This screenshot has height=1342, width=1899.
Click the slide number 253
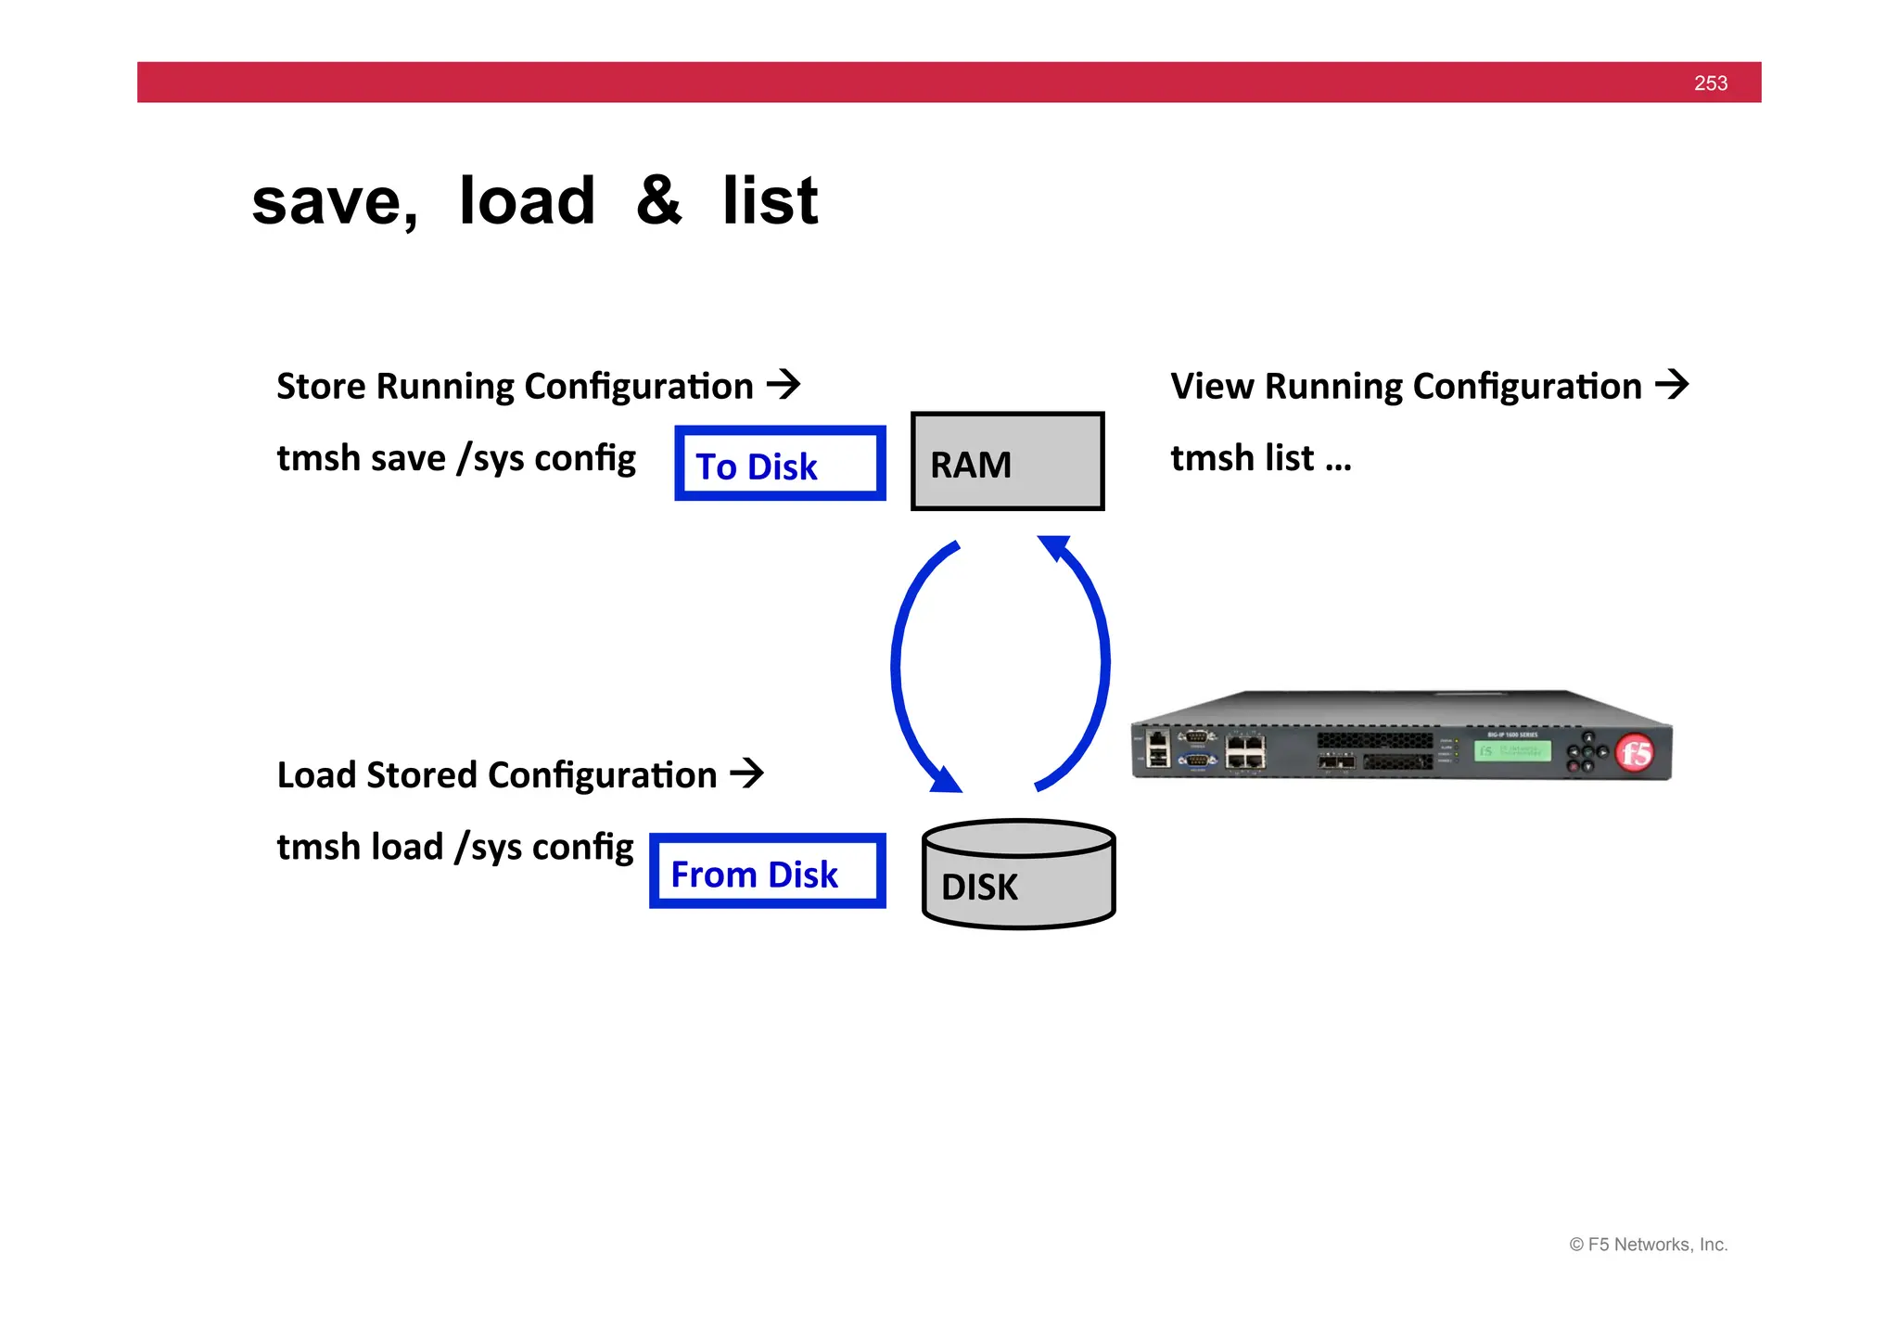click(x=1710, y=83)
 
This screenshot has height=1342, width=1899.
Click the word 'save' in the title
click(x=334, y=202)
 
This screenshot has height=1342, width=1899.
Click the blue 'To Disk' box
click(x=780, y=464)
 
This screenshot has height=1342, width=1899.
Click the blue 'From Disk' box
click(x=767, y=872)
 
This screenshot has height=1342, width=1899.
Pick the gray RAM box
click(x=1008, y=462)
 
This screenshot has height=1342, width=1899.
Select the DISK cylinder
click(x=1019, y=875)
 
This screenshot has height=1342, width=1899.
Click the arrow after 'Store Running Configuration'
click(x=784, y=384)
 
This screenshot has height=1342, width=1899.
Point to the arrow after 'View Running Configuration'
click(x=1672, y=384)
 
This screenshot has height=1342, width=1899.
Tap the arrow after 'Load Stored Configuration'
click(x=746, y=773)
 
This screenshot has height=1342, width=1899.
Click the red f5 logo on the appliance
click(x=1635, y=752)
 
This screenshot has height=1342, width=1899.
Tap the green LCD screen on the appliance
click(x=1511, y=750)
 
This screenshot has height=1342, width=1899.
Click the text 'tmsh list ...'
click(x=1260, y=458)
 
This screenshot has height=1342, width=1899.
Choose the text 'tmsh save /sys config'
click(x=456, y=458)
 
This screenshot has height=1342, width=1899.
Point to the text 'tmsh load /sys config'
click(x=455, y=847)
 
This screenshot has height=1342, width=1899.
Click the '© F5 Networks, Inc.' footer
click(x=1648, y=1245)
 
